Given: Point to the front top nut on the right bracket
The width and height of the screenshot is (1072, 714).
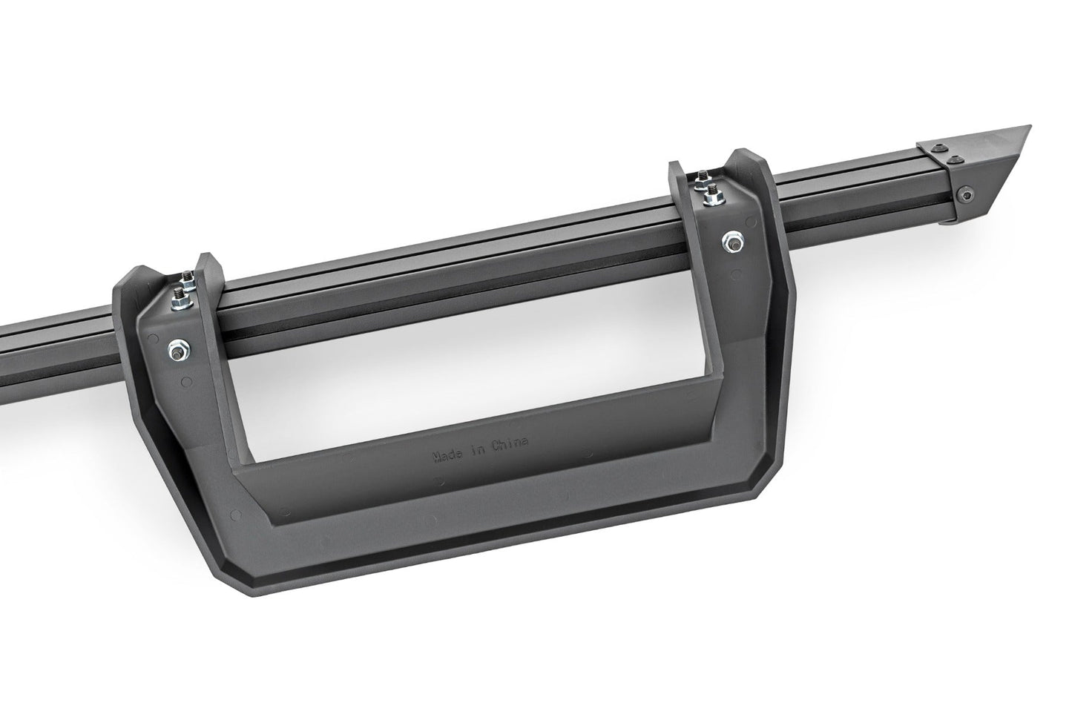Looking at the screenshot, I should (x=702, y=194).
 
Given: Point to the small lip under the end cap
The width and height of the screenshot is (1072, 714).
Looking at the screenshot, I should (x=950, y=219).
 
